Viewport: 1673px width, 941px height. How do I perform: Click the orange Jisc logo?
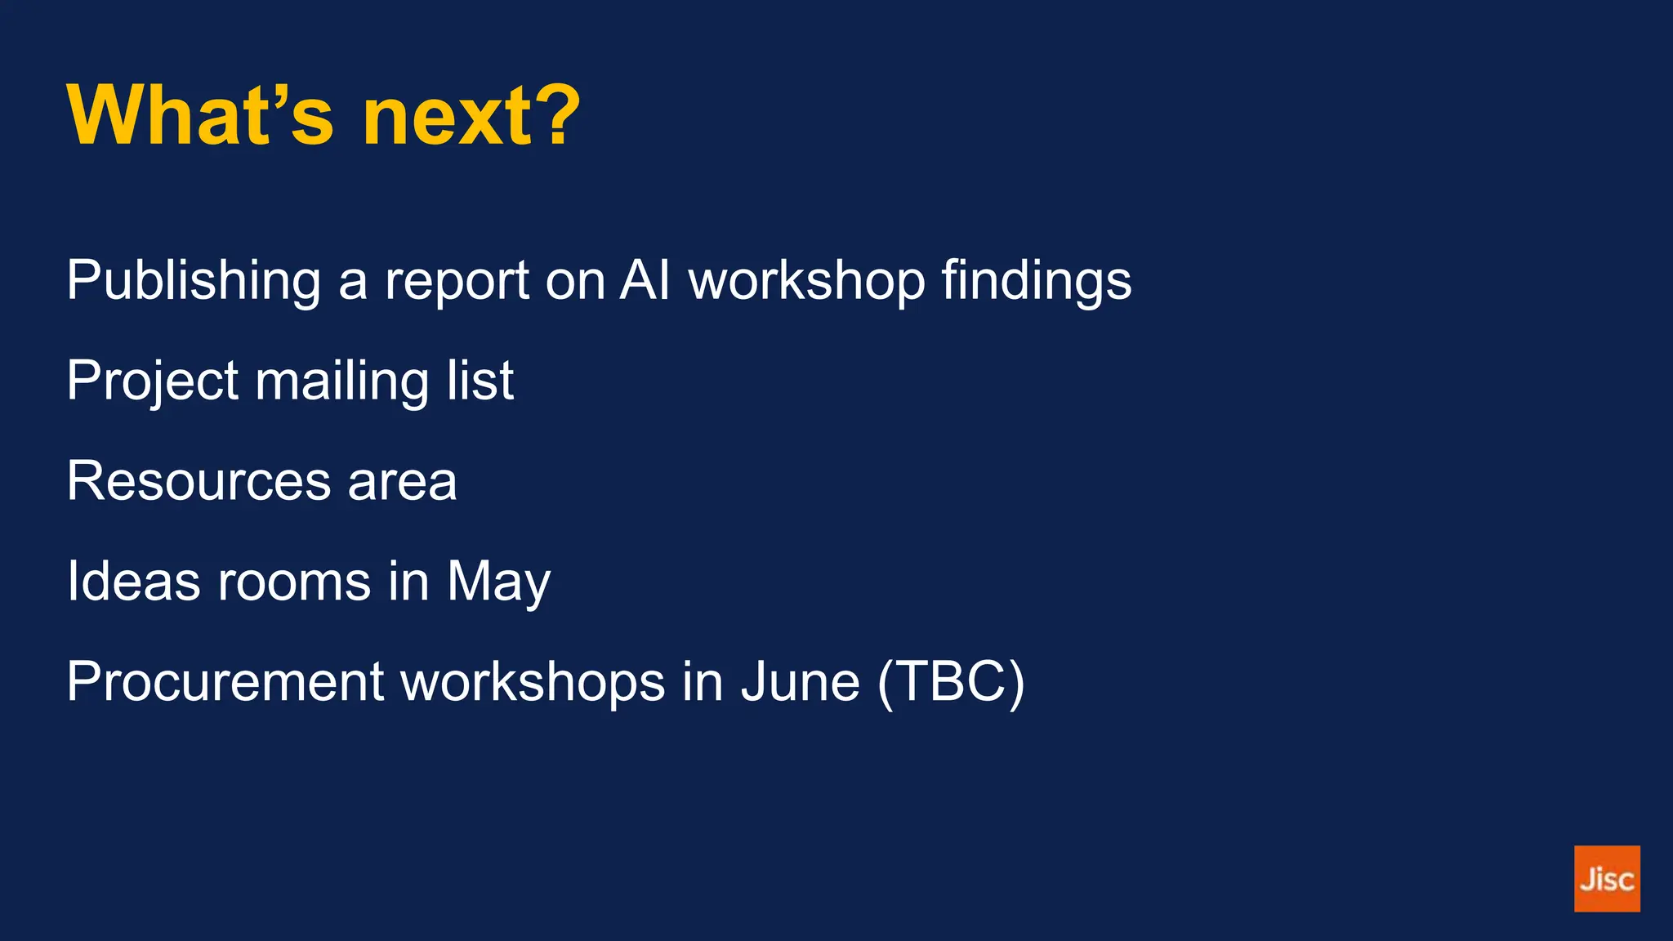pos(1606,878)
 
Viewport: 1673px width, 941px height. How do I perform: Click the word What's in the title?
pos(200,116)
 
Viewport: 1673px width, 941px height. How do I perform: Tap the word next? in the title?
pos(471,116)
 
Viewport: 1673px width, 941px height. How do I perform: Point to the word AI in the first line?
pos(645,280)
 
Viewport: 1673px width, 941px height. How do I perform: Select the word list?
pos(480,381)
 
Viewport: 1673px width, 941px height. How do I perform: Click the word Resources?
pos(199,481)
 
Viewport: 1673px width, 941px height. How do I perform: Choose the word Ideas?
pos(133,582)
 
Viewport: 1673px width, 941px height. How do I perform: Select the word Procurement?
pos(225,682)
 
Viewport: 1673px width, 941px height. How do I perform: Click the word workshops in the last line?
pos(533,682)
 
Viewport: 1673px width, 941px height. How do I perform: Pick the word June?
pos(800,682)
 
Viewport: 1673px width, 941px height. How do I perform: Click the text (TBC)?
pos(950,682)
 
